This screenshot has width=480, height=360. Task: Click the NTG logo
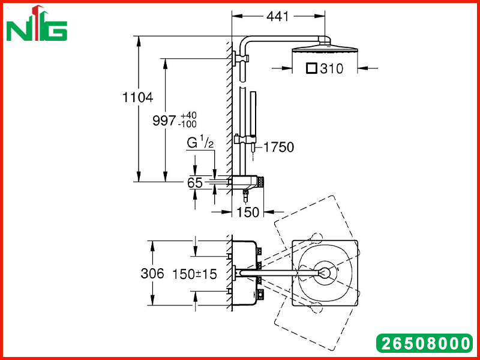(x=37, y=23)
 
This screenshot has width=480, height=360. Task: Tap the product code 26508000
(x=424, y=343)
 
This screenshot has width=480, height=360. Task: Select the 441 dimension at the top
(x=277, y=17)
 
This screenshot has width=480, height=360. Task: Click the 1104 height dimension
(x=137, y=97)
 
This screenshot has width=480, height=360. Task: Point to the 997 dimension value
(x=164, y=121)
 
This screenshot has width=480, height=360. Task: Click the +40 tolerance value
(x=188, y=116)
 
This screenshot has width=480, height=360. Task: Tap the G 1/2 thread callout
(x=200, y=143)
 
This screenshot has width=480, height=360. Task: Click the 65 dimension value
(x=195, y=183)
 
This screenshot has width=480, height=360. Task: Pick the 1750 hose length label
(x=278, y=147)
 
